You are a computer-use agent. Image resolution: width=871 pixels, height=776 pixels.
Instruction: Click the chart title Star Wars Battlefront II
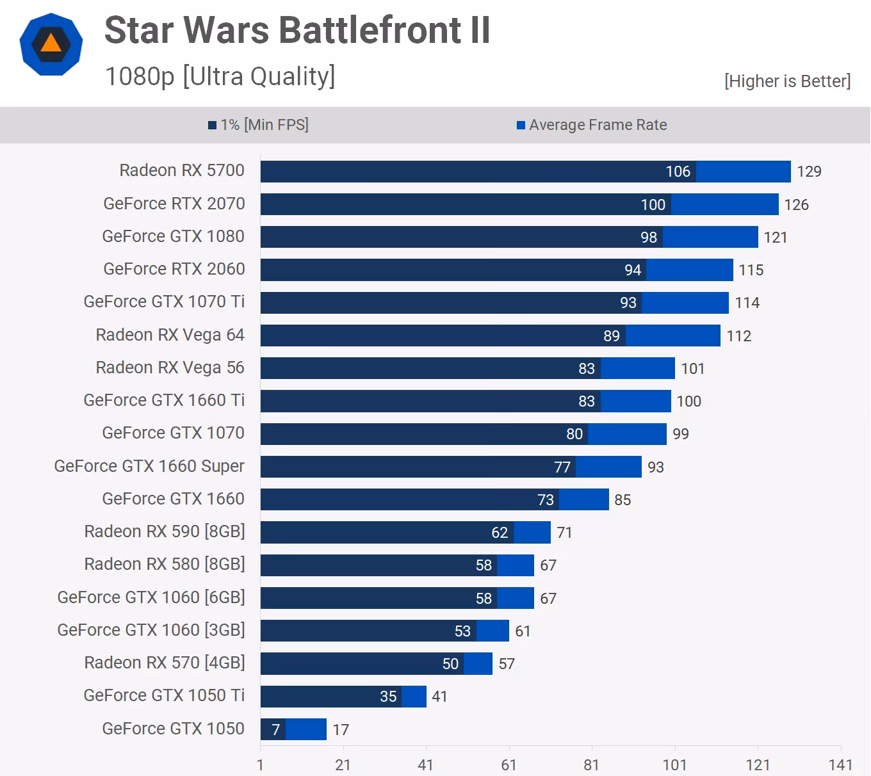click(297, 30)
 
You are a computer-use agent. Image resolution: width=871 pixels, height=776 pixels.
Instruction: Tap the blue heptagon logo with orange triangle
click(51, 44)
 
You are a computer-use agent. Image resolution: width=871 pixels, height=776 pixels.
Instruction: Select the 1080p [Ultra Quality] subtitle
click(220, 76)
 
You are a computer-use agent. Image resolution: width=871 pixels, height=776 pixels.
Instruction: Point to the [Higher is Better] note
click(787, 81)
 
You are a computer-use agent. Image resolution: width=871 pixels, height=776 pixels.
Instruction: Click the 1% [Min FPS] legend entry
click(258, 125)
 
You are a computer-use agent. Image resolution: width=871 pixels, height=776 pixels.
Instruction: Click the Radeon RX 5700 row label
click(182, 170)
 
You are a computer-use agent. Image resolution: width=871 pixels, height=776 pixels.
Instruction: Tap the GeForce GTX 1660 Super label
click(149, 466)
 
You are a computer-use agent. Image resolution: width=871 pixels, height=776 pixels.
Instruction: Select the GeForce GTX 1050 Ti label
click(164, 695)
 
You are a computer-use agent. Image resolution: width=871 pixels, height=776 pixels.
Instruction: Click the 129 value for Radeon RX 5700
click(809, 172)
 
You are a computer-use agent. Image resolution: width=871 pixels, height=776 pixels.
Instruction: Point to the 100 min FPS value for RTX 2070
click(653, 205)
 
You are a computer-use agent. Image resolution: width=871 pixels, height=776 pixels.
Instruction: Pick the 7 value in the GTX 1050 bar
click(275, 730)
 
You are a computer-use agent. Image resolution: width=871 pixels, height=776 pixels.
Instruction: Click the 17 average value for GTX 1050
click(341, 730)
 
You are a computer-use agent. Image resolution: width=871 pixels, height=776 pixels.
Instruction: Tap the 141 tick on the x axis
click(840, 765)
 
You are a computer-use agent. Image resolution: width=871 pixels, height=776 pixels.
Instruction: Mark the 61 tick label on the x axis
click(509, 765)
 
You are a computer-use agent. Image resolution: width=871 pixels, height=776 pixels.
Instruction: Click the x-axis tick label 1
click(260, 765)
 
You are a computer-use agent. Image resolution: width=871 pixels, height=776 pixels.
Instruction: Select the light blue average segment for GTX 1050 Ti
click(414, 697)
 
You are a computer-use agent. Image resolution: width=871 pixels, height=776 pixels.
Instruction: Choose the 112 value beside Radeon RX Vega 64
click(738, 336)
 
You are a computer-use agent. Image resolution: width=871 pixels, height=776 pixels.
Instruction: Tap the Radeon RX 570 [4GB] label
click(165, 663)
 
